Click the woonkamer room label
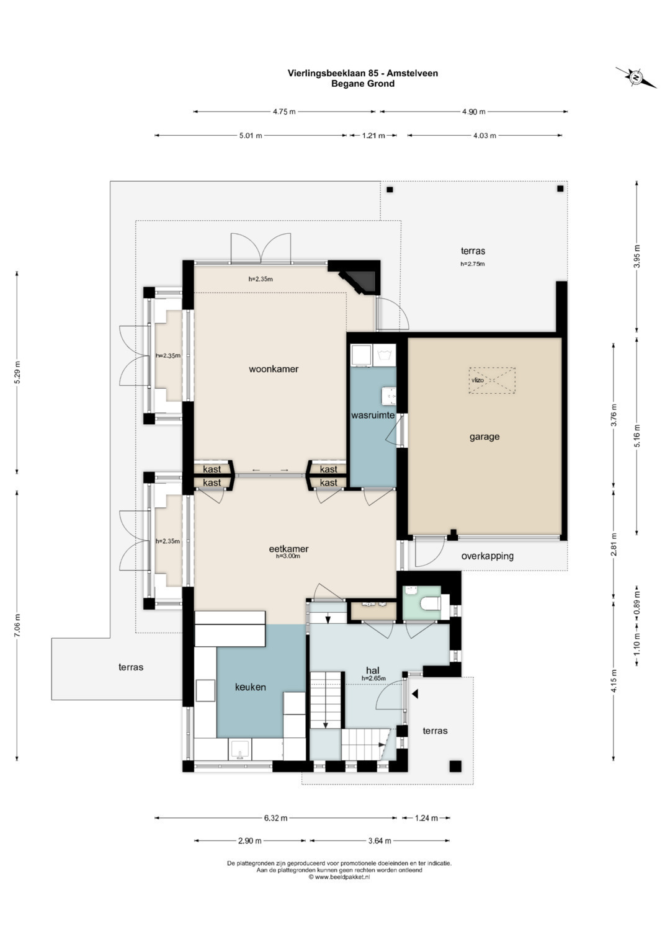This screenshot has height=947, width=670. click(273, 369)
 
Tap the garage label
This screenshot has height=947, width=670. click(485, 437)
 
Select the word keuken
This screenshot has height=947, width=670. click(251, 687)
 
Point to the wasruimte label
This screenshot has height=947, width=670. click(373, 415)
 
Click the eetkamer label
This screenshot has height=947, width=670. click(288, 549)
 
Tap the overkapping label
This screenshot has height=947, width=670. click(487, 556)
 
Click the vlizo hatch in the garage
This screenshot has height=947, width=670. click(491, 381)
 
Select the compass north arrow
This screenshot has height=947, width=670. click(636, 78)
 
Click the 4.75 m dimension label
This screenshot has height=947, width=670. click(284, 112)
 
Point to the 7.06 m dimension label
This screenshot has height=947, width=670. click(17, 625)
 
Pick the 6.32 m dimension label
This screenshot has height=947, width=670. click(276, 817)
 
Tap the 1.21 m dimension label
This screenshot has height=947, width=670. click(373, 135)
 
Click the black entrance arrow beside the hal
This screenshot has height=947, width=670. click(415, 694)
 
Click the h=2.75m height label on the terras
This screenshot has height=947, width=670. click(473, 264)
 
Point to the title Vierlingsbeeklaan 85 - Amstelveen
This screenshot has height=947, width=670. click(362, 73)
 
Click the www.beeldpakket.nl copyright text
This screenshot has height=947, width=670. click(339, 877)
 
